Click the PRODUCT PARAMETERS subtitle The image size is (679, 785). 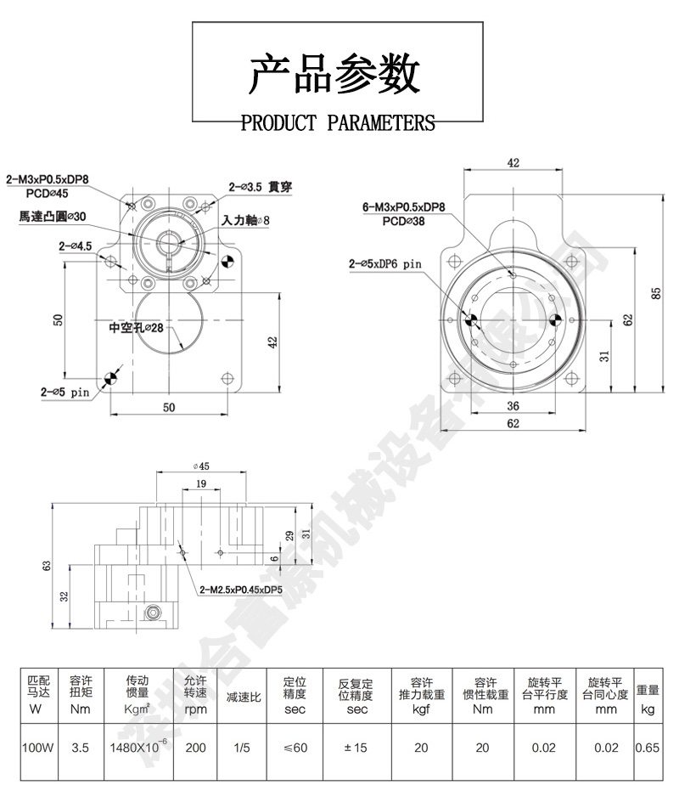338,124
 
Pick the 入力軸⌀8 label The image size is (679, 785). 245,221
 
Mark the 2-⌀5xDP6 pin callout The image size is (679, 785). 384,264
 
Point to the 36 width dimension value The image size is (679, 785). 513,405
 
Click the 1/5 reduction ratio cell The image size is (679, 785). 243,748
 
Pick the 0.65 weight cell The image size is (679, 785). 648,748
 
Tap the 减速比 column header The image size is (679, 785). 243,696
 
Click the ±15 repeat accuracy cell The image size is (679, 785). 356,748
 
